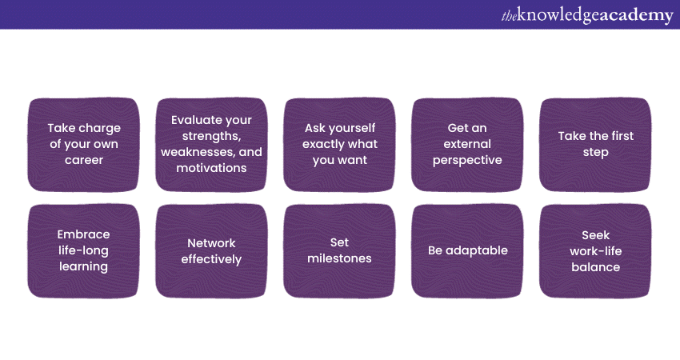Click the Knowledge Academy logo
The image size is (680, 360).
(587, 15)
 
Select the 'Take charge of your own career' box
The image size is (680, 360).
(84, 145)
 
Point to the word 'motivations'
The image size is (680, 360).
(212, 168)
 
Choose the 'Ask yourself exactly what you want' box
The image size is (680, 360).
(339, 145)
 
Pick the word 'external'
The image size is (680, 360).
(467, 144)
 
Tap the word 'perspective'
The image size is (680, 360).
(467, 161)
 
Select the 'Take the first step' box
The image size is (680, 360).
(595, 145)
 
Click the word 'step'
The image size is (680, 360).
(596, 153)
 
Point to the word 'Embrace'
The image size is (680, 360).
(84, 234)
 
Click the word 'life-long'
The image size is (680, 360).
(84, 250)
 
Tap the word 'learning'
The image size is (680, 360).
(84, 266)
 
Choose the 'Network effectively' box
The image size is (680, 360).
(212, 251)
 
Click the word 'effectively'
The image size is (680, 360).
(212, 259)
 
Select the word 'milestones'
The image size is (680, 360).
(339, 258)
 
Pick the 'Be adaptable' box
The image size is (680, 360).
(467, 251)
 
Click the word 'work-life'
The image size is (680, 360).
(596, 251)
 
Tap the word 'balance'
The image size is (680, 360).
(596, 267)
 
